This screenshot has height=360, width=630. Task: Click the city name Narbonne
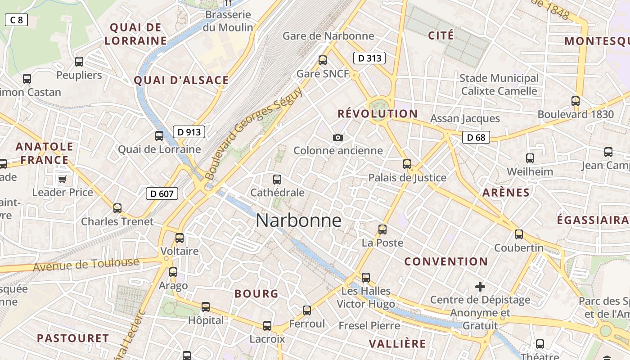click(x=298, y=220)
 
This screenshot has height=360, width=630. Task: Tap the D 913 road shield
click(x=189, y=132)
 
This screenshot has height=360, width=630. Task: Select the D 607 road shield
click(x=162, y=194)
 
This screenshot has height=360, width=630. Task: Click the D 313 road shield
click(x=369, y=58)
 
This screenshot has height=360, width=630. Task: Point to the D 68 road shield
click(x=476, y=137)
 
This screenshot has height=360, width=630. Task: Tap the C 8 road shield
click(x=16, y=20)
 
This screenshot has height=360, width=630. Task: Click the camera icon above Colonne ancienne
click(x=338, y=137)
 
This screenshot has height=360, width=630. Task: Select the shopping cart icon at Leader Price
click(x=62, y=179)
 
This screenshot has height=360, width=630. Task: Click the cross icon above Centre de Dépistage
click(x=480, y=286)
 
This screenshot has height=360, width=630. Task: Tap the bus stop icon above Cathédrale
click(x=277, y=180)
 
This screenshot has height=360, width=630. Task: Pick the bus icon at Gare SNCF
click(x=322, y=60)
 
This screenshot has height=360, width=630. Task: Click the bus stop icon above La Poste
click(x=382, y=229)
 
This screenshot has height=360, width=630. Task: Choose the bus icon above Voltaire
click(x=180, y=238)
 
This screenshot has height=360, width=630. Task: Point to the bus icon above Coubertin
click(x=519, y=234)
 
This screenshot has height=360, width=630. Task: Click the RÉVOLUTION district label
click(x=378, y=114)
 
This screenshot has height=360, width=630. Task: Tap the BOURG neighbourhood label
click(x=256, y=294)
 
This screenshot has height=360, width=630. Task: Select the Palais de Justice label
click(x=407, y=178)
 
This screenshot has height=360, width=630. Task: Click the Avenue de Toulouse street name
click(x=86, y=265)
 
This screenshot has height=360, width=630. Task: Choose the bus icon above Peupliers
click(x=79, y=62)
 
